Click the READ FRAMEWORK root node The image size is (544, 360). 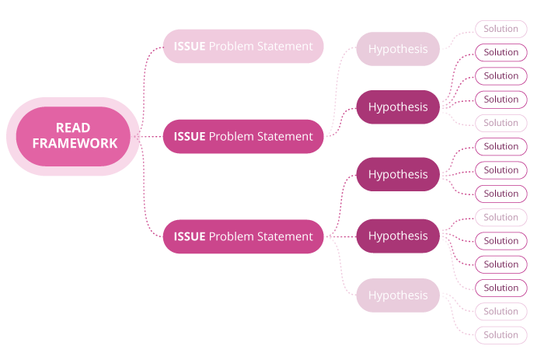[x=73, y=136]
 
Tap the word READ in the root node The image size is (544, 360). [x=73, y=128]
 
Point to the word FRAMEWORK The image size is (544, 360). [x=75, y=144]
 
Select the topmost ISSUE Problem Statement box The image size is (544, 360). [x=242, y=47]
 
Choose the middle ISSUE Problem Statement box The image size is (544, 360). [x=242, y=137]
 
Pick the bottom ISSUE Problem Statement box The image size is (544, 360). [x=242, y=236]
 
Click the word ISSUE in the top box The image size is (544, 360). [x=190, y=47]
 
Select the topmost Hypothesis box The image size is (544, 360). [x=398, y=49]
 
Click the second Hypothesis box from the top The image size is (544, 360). [x=398, y=107]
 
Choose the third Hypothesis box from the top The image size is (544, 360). [x=398, y=174]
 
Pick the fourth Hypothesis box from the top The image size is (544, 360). [x=398, y=236]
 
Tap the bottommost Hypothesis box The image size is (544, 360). [x=398, y=295]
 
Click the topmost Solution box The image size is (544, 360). [x=500, y=30]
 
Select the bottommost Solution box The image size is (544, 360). [x=500, y=335]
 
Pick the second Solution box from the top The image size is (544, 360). [x=500, y=53]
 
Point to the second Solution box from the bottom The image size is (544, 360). [x=500, y=312]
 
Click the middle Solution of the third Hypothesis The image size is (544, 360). [x=500, y=170]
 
